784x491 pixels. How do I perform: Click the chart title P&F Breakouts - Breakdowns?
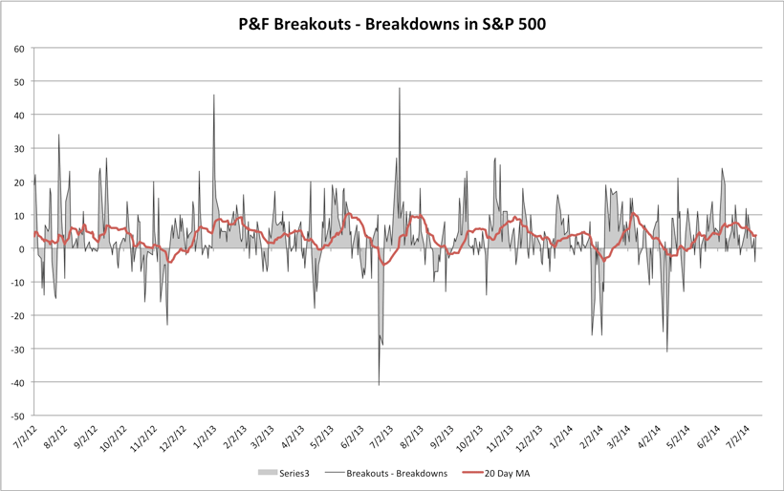392,23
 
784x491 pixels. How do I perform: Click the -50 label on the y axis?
18,416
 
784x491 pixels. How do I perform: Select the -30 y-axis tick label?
18,350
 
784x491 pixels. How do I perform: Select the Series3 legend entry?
285,473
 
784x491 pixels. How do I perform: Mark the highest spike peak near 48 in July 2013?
400,89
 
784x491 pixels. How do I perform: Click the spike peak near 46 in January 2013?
214,96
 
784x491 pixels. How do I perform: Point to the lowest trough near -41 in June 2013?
379,384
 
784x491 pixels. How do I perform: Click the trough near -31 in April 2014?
667,352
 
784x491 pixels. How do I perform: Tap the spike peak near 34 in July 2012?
58,135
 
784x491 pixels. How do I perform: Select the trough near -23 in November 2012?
167,325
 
